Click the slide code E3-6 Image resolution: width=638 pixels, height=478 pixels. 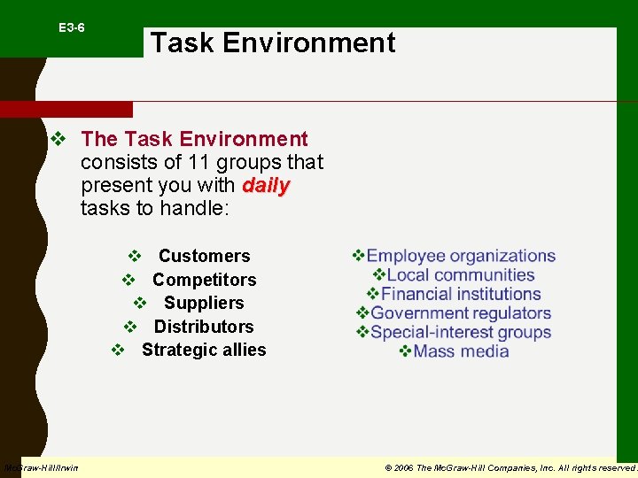pyautogui.click(x=72, y=28)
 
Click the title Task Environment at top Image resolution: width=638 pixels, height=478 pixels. pyautogui.click(x=273, y=42)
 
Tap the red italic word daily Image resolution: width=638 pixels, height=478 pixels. pyautogui.click(x=266, y=186)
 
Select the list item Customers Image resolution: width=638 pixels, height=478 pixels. pyautogui.click(x=204, y=256)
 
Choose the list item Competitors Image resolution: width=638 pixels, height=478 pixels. pyautogui.click(x=204, y=280)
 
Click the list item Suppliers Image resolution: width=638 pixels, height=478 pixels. pyautogui.click(x=204, y=303)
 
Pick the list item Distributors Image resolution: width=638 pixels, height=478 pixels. pyautogui.click(x=204, y=327)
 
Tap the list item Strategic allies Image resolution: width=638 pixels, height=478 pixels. pyautogui.click(x=204, y=350)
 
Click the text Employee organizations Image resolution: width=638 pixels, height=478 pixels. pyautogui.click(x=461, y=256)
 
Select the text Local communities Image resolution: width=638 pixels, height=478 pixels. pyautogui.click(x=461, y=275)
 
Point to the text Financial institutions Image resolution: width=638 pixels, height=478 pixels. pyautogui.click(x=461, y=294)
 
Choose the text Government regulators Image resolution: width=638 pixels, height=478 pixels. pyautogui.click(x=461, y=313)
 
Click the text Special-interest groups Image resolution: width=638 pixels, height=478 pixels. pyautogui.click(x=461, y=333)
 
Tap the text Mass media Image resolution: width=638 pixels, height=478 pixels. pyautogui.click(x=461, y=351)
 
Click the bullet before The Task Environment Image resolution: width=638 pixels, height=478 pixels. pyautogui.click(x=58, y=140)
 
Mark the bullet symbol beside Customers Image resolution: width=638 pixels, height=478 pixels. pyautogui.click(x=135, y=256)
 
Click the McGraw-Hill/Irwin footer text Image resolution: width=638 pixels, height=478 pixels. pyautogui.click(x=41, y=467)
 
